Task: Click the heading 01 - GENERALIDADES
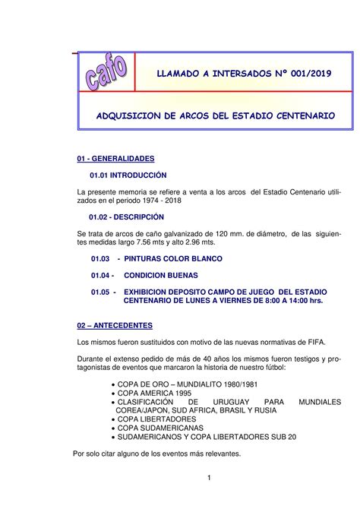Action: click(115, 159)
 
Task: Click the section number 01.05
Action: click(100, 292)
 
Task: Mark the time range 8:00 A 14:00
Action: click(279, 301)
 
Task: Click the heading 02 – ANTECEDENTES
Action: click(115, 325)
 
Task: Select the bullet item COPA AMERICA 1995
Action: click(153, 392)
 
